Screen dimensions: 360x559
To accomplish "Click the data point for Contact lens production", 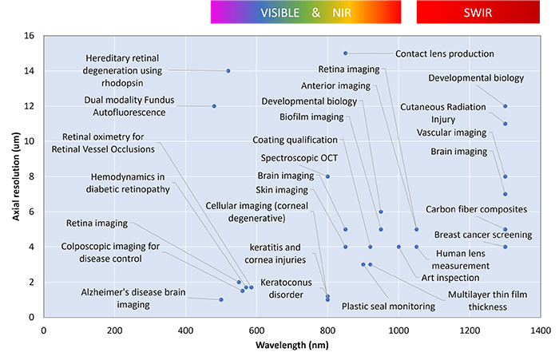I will tap(345, 53).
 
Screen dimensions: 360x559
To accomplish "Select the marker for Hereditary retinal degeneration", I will tap(228, 71).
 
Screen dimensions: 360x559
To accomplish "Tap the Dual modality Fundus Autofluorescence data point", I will tap(214, 106).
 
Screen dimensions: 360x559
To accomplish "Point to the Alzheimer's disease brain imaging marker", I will tap(221, 299).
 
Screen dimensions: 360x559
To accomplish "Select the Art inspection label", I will tap(450, 278).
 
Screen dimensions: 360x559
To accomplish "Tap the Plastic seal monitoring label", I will tap(388, 305).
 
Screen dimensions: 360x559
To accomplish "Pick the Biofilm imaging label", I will tap(311, 117).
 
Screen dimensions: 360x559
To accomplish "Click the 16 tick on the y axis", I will tap(29, 36).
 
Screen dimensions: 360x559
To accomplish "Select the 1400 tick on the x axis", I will tap(540, 330).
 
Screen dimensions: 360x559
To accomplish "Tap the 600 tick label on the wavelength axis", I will tap(256, 330).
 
